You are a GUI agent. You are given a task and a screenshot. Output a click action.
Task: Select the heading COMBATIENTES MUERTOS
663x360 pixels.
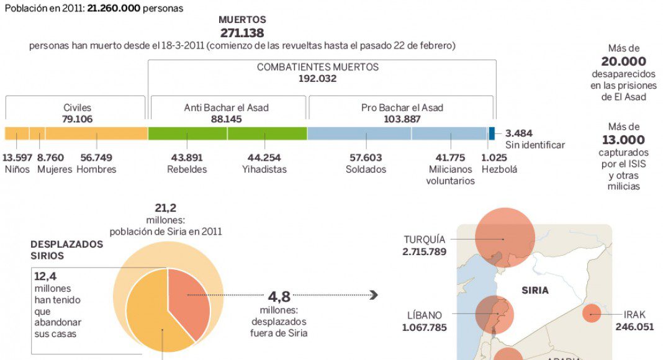coord(317,67)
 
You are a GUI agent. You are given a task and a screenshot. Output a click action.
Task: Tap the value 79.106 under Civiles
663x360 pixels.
coord(77,119)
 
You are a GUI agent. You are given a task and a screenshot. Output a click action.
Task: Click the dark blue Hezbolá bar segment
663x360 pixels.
coord(492,133)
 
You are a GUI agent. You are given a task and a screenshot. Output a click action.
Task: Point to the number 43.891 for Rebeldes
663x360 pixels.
coord(187,158)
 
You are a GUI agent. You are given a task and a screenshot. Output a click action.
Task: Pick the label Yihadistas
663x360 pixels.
coord(264,169)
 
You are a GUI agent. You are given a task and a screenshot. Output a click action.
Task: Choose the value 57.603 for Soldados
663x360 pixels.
coord(366,158)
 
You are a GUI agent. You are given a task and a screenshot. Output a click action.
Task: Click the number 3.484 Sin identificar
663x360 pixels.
coord(519,133)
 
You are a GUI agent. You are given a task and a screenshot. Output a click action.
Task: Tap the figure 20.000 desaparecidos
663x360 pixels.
coord(623,61)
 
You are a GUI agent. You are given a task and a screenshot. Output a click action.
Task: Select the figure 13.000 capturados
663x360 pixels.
coord(623,140)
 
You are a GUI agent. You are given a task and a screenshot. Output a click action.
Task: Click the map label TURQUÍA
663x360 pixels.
coord(425,240)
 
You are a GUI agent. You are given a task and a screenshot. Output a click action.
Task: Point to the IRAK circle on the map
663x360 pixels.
coord(592,314)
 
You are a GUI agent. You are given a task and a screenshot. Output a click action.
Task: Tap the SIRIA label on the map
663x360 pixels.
coord(535,290)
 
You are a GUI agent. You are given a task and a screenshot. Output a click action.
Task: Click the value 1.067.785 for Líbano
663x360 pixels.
coord(425,327)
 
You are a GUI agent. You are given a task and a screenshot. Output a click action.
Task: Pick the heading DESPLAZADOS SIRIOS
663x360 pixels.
coord(67,250)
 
